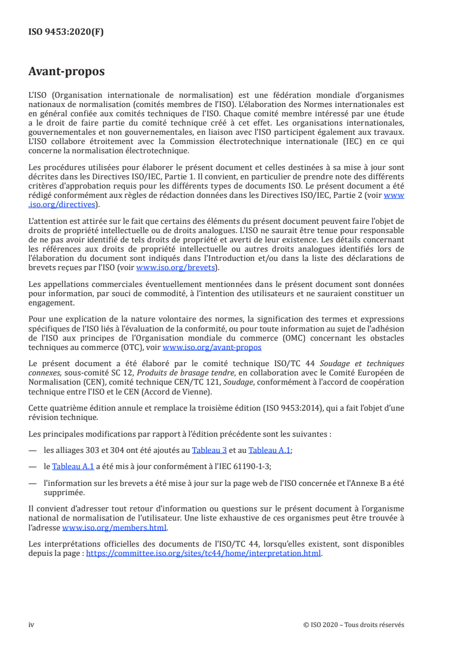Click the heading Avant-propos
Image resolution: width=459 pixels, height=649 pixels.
pos(67,72)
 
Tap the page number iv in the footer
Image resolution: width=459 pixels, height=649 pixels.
pos(31,625)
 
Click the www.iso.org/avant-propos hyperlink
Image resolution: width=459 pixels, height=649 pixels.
pos(212,348)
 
